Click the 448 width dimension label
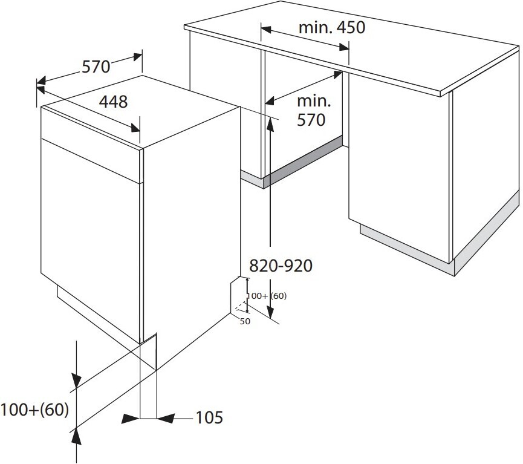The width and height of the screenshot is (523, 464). tap(114, 102)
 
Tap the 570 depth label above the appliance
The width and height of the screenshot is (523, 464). tap(96, 67)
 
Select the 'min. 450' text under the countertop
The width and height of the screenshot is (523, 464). tap(332, 28)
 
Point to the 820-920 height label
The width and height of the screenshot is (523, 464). tap(281, 266)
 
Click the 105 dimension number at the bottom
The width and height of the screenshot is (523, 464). tap(209, 417)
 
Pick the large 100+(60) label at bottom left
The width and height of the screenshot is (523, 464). tap(34, 410)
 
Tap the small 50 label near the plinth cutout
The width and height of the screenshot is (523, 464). tap(245, 321)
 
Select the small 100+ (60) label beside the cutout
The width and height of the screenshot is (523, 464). tap(267, 296)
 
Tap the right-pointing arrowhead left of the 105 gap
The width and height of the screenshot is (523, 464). tap(131, 418)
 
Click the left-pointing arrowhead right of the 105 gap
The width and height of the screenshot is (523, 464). tap(166, 418)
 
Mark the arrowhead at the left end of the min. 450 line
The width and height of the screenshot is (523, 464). tap(266, 30)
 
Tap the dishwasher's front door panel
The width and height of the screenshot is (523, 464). tap(90, 240)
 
